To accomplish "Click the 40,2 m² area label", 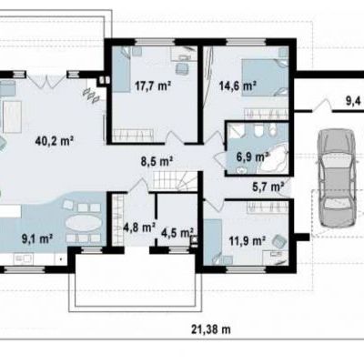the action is click(55, 141).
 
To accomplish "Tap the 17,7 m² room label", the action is click(153, 86).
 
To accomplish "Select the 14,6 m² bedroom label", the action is click(238, 86).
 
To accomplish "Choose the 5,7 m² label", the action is click(268, 187).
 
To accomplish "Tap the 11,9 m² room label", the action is click(248, 241).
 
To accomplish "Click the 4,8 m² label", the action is click(139, 227).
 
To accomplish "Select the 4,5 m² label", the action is click(177, 233).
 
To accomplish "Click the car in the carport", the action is click(336, 178).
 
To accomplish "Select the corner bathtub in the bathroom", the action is click(273, 157).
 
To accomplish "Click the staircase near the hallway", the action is click(176, 181).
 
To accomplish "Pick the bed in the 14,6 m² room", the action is click(265, 77).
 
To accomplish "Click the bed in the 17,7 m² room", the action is click(122, 69).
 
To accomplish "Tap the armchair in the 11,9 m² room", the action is click(279, 241).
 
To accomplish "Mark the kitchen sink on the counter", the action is click(24, 258).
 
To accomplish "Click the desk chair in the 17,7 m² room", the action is click(182, 68).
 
